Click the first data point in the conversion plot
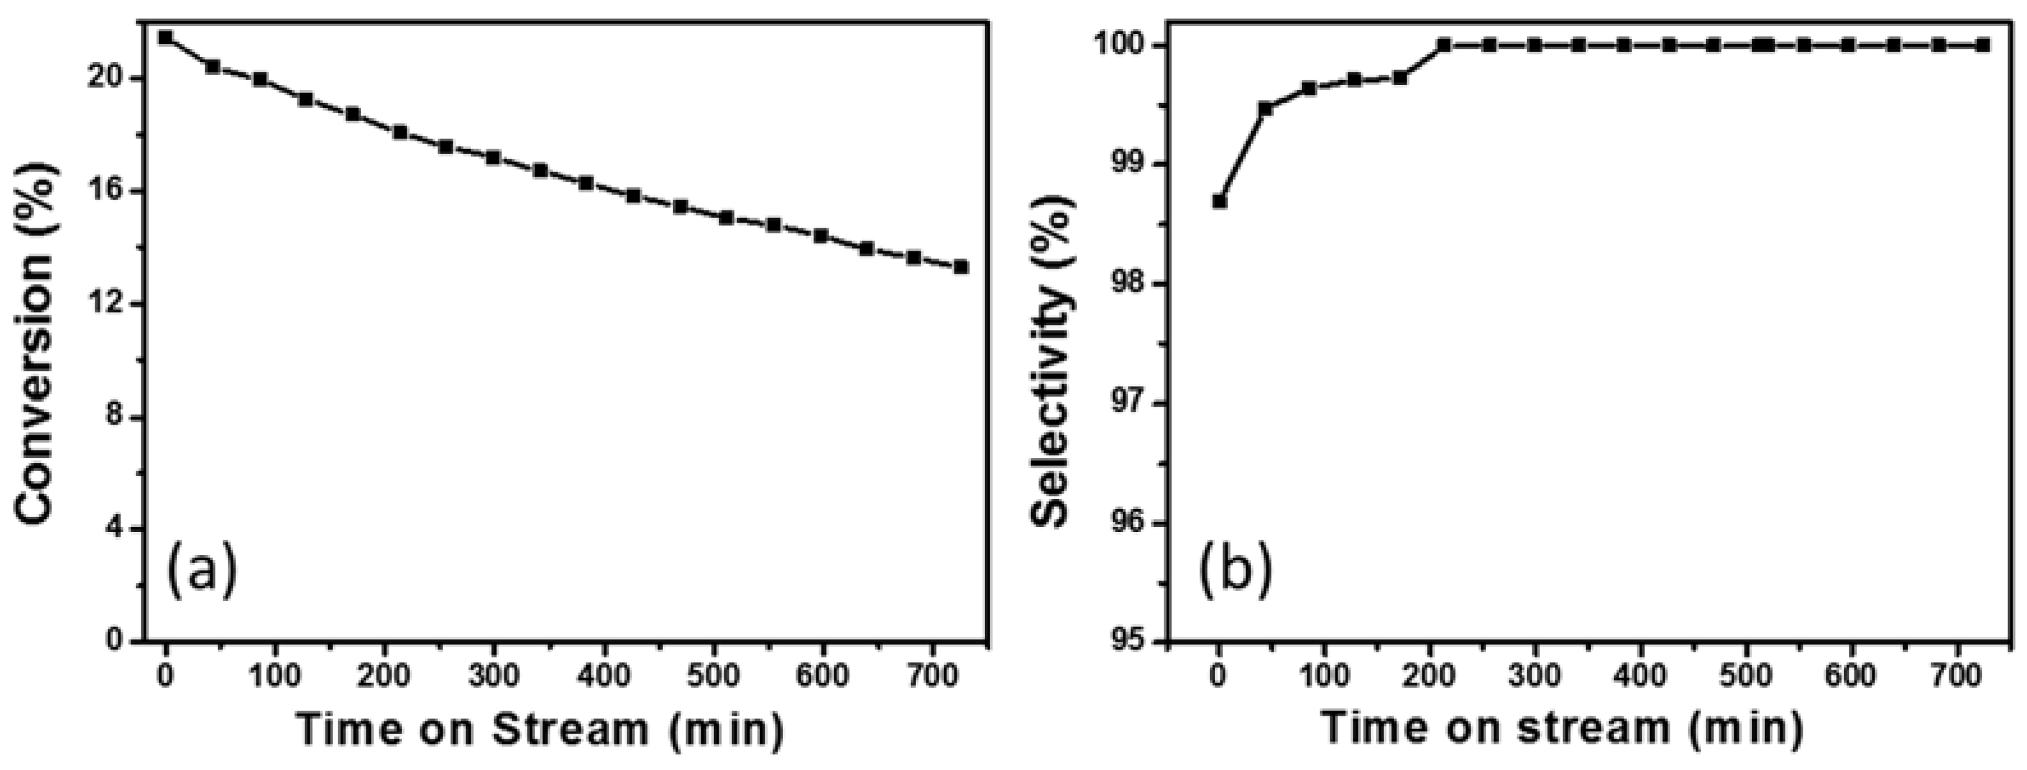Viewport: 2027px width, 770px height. coord(166,37)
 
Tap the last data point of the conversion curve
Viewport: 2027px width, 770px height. coord(961,267)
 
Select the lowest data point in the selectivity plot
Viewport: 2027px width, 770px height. coord(1220,201)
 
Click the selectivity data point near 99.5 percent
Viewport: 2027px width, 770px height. coord(1265,109)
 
